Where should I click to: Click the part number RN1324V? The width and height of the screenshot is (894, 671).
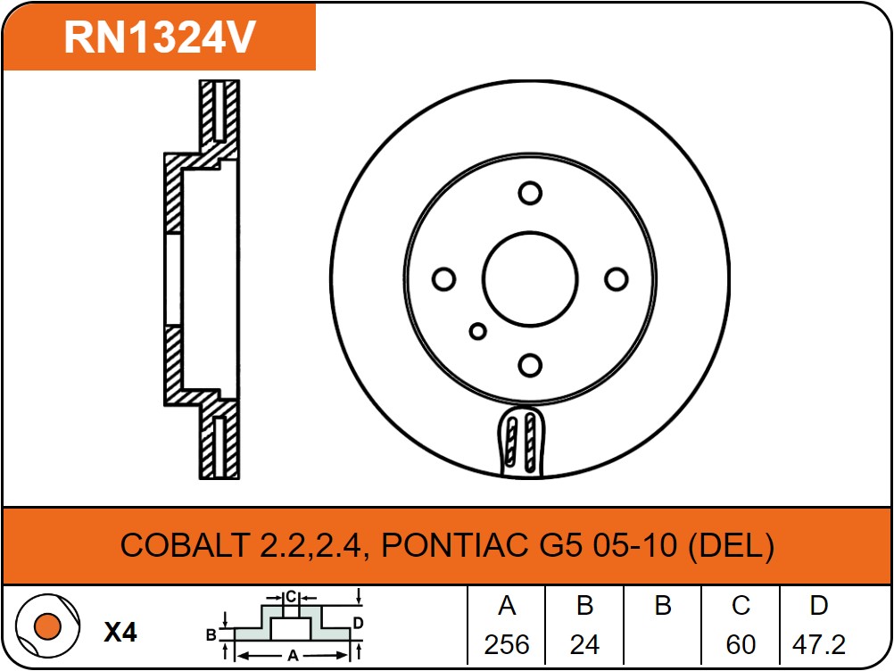(x=160, y=37)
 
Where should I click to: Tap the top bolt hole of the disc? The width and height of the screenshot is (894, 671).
(x=530, y=194)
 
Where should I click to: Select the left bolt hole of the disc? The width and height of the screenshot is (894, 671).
(x=443, y=279)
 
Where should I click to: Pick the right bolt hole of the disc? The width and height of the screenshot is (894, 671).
(x=616, y=279)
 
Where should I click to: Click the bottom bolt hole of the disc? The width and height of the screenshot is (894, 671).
(x=530, y=365)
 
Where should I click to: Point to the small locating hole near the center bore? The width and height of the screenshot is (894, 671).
(x=478, y=331)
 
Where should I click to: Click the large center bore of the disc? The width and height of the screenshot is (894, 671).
(x=530, y=279)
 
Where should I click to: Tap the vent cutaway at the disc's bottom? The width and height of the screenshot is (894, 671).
(x=522, y=442)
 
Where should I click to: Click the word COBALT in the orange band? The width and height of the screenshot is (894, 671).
(x=185, y=545)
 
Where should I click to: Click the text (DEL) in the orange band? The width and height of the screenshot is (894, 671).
(x=731, y=545)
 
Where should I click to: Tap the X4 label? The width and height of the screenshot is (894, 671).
(x=120, y=632)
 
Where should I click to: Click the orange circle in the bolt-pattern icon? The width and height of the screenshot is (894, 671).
(x=47, y=626)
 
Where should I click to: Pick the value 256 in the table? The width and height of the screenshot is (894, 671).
(x=507, y=645)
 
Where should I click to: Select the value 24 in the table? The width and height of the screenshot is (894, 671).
(x=584, y=645)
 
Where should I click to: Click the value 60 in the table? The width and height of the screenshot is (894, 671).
(x=741, y=645)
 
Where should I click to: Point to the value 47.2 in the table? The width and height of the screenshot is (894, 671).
(x=819, y=645)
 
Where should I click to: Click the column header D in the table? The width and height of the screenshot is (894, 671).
(x=819, y=606)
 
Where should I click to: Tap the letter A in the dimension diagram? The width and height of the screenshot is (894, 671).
(x=293, y=656)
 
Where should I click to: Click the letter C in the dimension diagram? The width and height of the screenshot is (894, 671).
(x=291, y=597)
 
